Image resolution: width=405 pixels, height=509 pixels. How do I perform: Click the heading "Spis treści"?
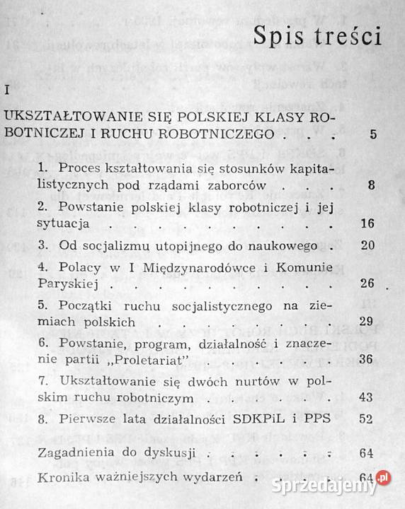click(x=321, y=37)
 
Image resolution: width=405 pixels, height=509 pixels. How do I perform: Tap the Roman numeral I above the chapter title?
click(x=6, y=91)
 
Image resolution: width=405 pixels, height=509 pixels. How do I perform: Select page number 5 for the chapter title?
click(x=373, y=134)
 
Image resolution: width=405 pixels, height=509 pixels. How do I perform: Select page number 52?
click(x=366, y=419)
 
